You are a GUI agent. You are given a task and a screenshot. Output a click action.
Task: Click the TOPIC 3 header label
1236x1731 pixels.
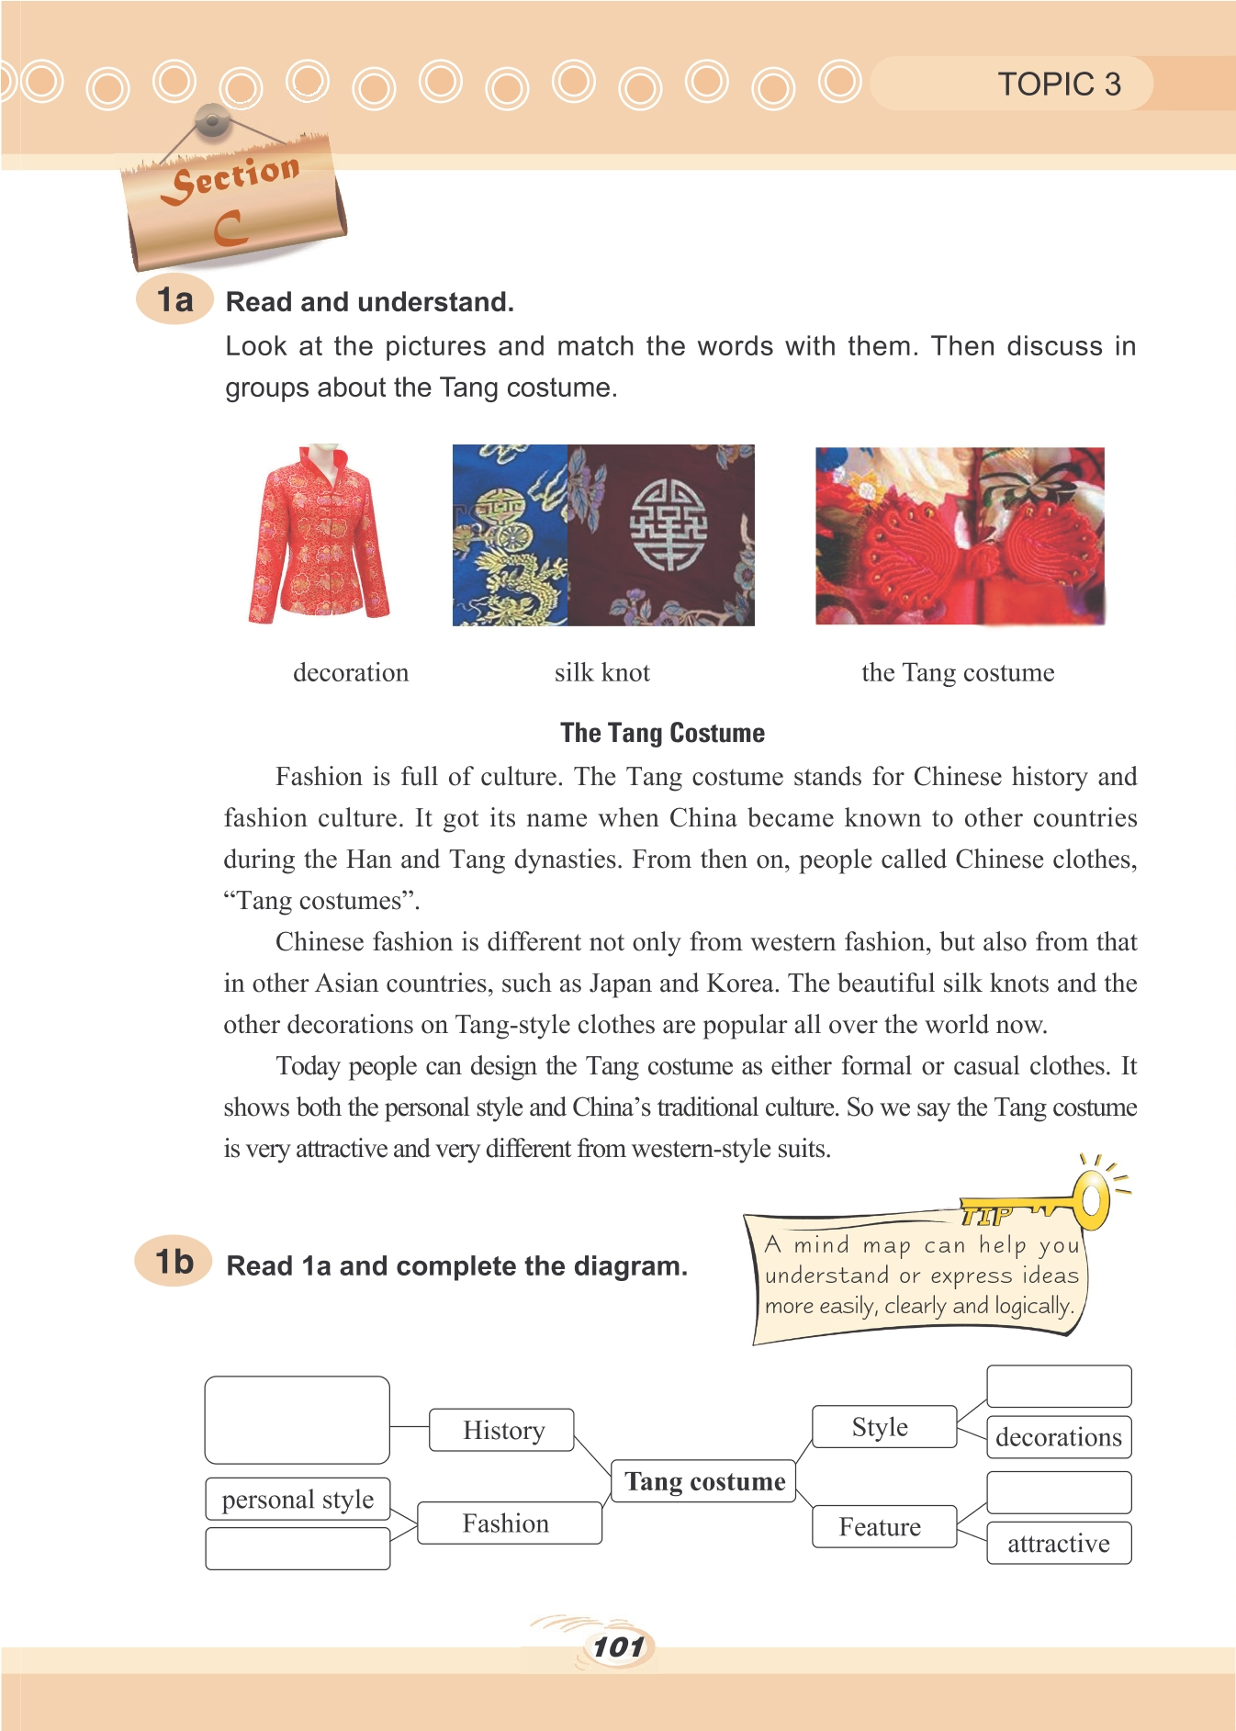coord(1059,84)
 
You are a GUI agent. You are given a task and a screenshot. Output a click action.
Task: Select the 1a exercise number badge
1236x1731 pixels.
coord(174,300)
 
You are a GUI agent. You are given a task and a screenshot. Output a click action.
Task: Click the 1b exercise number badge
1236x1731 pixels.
coord(174,1262)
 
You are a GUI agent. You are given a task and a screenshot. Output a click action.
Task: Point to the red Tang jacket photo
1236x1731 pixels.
coord(319,535)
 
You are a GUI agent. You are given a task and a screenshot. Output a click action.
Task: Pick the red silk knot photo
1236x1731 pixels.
coord(960,536)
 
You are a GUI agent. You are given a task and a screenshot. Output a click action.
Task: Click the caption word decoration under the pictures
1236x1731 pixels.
coord(351,672)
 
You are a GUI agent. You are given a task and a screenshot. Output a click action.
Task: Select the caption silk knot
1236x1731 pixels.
coord(601,672)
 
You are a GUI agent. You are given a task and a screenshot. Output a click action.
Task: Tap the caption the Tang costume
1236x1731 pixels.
coord(958,672)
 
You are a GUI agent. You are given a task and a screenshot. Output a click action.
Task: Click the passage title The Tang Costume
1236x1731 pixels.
coord(662,733)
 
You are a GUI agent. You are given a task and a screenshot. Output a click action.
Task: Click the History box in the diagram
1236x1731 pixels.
coord(502,1430)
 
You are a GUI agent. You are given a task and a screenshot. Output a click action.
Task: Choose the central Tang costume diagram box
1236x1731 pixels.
coord(703,1481)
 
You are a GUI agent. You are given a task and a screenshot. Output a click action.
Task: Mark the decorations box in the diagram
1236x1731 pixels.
coord(1059,1437)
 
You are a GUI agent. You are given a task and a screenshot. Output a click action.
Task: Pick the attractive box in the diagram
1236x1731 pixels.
coord(1059,1544)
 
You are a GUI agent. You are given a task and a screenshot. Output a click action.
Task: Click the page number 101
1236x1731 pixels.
coord(618,1647)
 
